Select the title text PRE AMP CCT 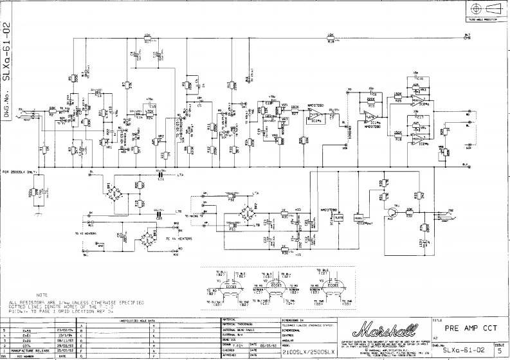[472, 327]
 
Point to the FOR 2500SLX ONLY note [22, 172]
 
